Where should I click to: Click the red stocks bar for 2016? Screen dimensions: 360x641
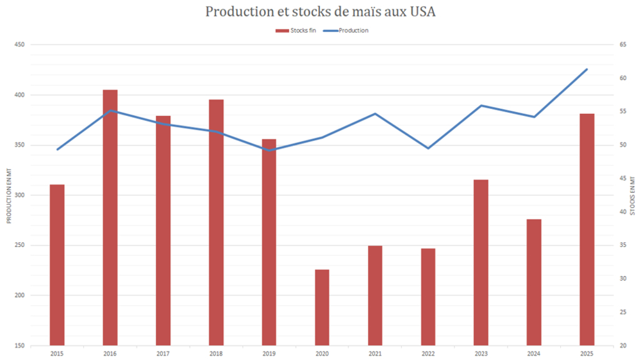coord(110,218)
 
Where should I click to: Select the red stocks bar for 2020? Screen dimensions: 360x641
coord(322,307)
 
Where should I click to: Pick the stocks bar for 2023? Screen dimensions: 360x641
coord(481,263)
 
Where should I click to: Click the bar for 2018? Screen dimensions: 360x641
coord(216,222)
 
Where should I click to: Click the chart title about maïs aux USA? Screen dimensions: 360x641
coord(320,12)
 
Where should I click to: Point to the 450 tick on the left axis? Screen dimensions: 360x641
coord(19,45)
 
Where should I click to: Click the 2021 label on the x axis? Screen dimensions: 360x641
coord(375,353)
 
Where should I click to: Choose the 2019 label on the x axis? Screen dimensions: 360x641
coord(269,353)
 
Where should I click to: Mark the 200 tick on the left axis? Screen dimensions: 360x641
coord(19,295)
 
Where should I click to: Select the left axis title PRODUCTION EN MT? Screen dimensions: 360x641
coord(9,195)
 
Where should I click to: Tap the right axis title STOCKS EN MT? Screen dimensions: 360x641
coord(632,195)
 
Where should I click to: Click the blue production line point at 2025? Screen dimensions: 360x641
coord(587,69)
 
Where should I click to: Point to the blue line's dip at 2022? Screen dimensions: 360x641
coord(428,148)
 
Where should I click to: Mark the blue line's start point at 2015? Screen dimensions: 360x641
coord(57,149)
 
